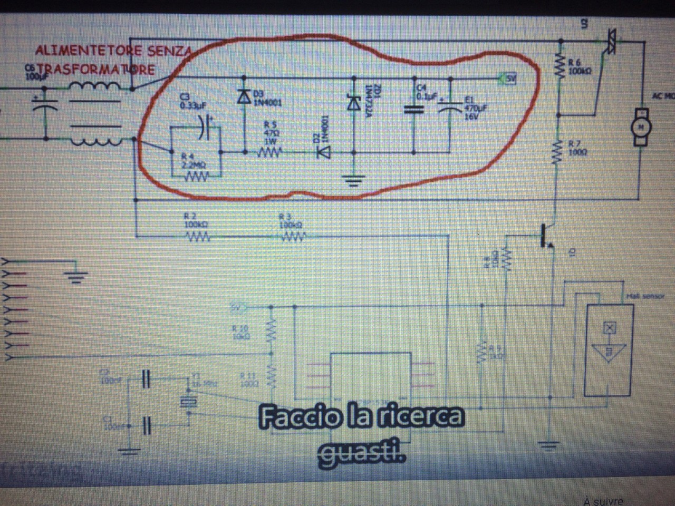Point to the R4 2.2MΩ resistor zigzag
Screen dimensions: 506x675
pos(195,177)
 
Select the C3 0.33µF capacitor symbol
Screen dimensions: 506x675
pos(206,127)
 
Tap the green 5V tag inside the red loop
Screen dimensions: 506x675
pos(509,79)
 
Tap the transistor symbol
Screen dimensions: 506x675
pos(545,236)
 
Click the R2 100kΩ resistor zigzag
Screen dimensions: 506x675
pos(197,238)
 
